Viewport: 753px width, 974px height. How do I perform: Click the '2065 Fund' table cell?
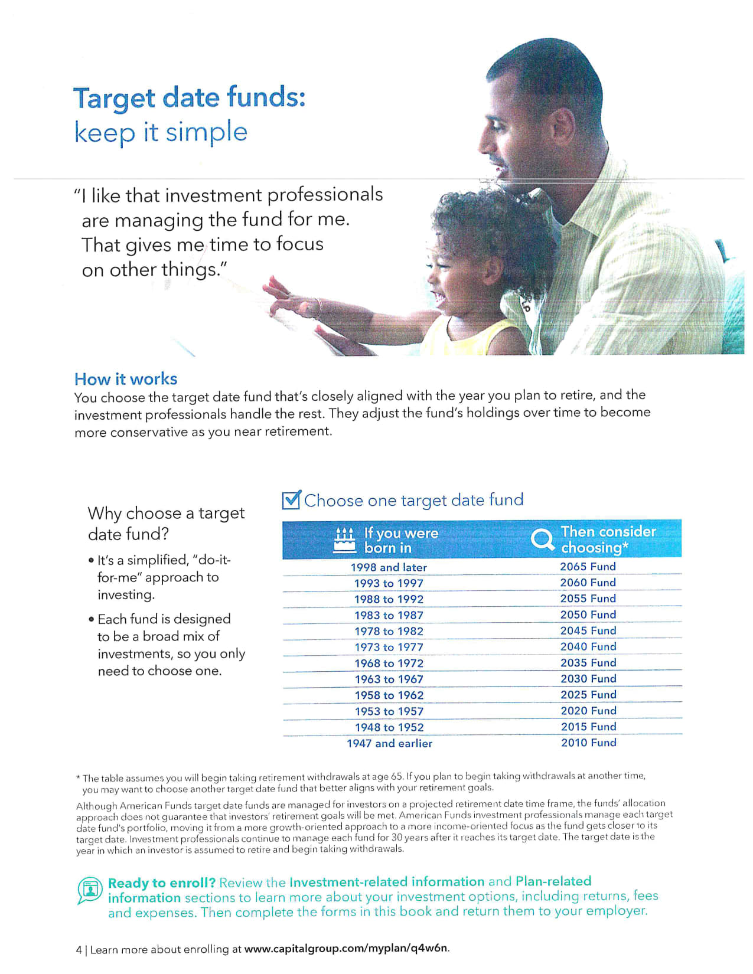pos(588,567)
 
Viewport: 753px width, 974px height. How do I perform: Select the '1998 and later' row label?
pos(389,567)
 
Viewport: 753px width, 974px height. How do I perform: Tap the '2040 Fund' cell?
pos(588,647)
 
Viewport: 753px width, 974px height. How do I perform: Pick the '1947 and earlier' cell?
pos(389,744)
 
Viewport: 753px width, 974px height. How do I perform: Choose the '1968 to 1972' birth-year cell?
pos(389,664)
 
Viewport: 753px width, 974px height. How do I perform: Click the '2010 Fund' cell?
pos(588,743)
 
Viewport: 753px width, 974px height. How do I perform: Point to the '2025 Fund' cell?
pos(588,695)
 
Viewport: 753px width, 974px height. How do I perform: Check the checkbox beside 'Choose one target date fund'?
pos(292,500)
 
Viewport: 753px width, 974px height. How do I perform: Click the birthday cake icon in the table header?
pos(344,540)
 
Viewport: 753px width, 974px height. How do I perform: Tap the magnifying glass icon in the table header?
pos(542,539)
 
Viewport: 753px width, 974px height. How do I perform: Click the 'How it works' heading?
pos(126,379)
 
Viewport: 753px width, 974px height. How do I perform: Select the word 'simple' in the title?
pos(206,132)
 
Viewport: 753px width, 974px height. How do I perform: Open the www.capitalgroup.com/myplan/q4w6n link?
pos(346,949)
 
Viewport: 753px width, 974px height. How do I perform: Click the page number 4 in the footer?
pos(79,950)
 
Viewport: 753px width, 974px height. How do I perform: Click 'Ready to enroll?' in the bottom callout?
pos(161,883)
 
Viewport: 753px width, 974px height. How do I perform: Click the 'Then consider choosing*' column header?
pos(608,540)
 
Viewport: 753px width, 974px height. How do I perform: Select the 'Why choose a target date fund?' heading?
pos(166,523)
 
